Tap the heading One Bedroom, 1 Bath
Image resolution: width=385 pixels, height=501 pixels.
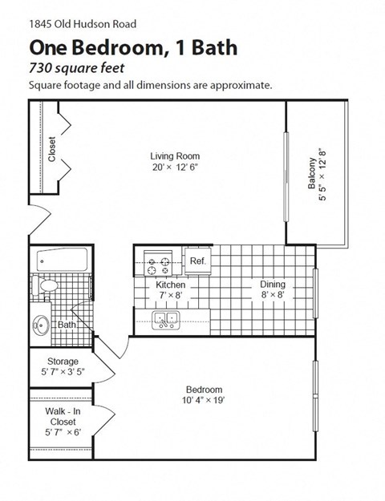(132, 47)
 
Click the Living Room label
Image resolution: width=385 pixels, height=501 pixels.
(175, 156)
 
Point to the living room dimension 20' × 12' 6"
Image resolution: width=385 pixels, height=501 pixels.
(175, 168)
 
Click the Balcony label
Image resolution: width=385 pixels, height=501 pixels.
(312, 172)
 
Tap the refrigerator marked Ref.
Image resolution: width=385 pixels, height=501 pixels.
(197, 261)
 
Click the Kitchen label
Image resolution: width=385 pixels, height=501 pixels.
(171, 285)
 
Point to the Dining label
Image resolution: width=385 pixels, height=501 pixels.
(273, 285)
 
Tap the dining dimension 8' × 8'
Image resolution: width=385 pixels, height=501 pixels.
(273, 295)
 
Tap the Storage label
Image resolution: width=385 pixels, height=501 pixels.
(63, 361)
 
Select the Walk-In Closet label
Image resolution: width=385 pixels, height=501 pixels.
(62, 416)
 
